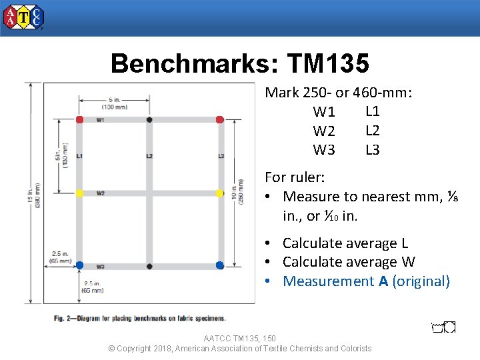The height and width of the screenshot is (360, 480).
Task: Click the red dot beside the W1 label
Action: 79,119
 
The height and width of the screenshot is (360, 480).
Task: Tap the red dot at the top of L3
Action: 220,119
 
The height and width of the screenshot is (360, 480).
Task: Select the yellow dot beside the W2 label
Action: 79,193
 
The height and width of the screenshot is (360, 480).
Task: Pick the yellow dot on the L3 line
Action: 220,193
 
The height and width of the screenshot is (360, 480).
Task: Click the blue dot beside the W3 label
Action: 79,265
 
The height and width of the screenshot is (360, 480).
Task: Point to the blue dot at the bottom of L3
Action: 220,265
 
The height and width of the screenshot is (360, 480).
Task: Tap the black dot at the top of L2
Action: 149,119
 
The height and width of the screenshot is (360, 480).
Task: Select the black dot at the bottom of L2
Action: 149,265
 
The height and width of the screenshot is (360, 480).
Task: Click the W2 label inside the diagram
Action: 100,193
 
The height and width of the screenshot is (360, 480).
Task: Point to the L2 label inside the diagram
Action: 149,156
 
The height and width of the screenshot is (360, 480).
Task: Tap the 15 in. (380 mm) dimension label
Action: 34,193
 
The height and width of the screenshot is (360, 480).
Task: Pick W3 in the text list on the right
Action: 324,150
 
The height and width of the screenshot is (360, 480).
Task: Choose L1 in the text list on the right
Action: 373,111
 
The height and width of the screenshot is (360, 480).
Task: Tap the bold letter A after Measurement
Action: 383,281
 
